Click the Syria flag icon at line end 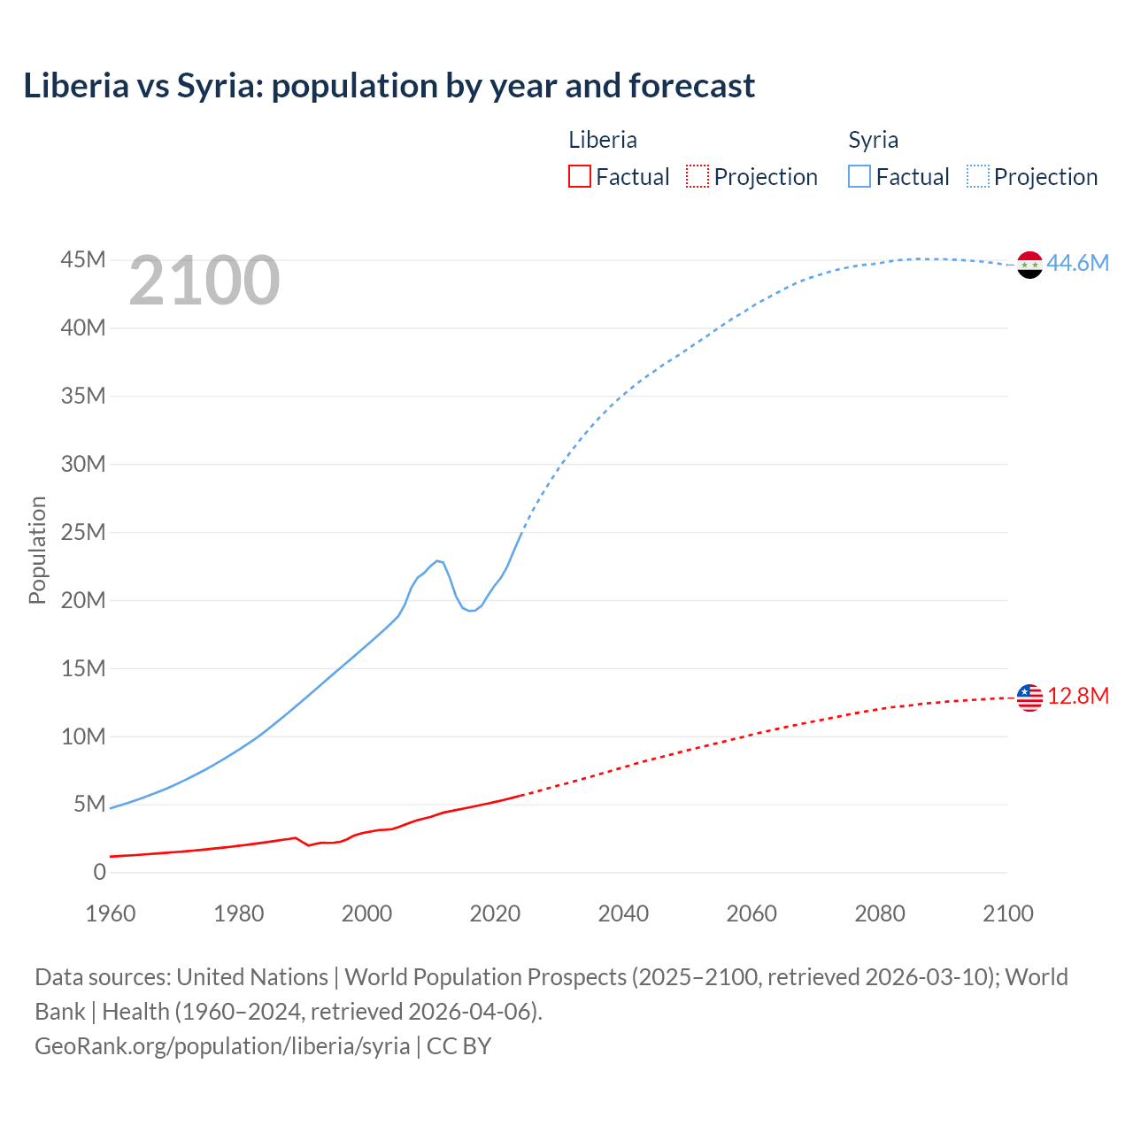tap(1029, 264)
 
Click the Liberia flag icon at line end tap(1029, 698)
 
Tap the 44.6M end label tap(1077, 264)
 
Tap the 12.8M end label tap(1077, 697)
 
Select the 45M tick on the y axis tap(83, 260)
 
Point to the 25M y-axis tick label tap(83, 533)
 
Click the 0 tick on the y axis tap(99, 873)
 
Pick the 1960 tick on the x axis tap(111, 913)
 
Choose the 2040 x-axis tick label tap(623, 913)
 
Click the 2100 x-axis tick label tap(1007, 913)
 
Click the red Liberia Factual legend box tap(580, 177)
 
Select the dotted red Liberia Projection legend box tap(698, 177)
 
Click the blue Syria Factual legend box tap(859, 177)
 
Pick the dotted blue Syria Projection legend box tap(978, 177)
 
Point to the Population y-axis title tap(37, 550)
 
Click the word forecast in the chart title tap(691, 86)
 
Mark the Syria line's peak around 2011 tap(438, 560)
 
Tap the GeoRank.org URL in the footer tap(222, 1046)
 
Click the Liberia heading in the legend tap(603, 140)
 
